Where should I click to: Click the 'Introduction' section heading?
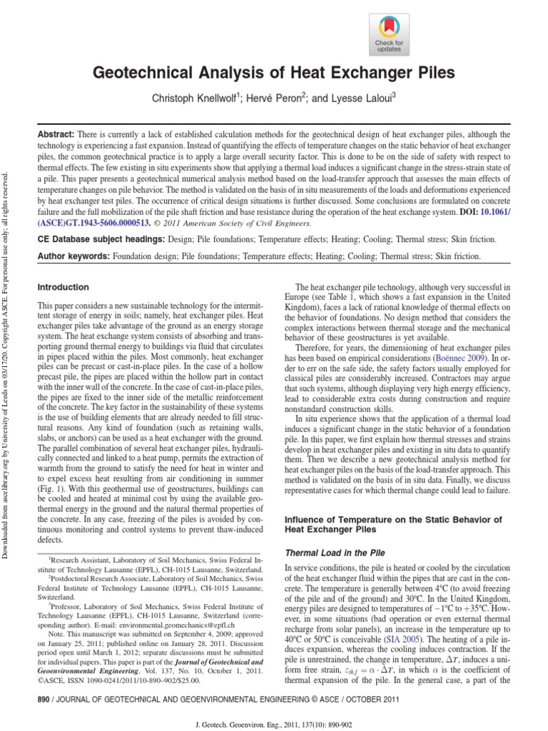[x=64, y=287]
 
